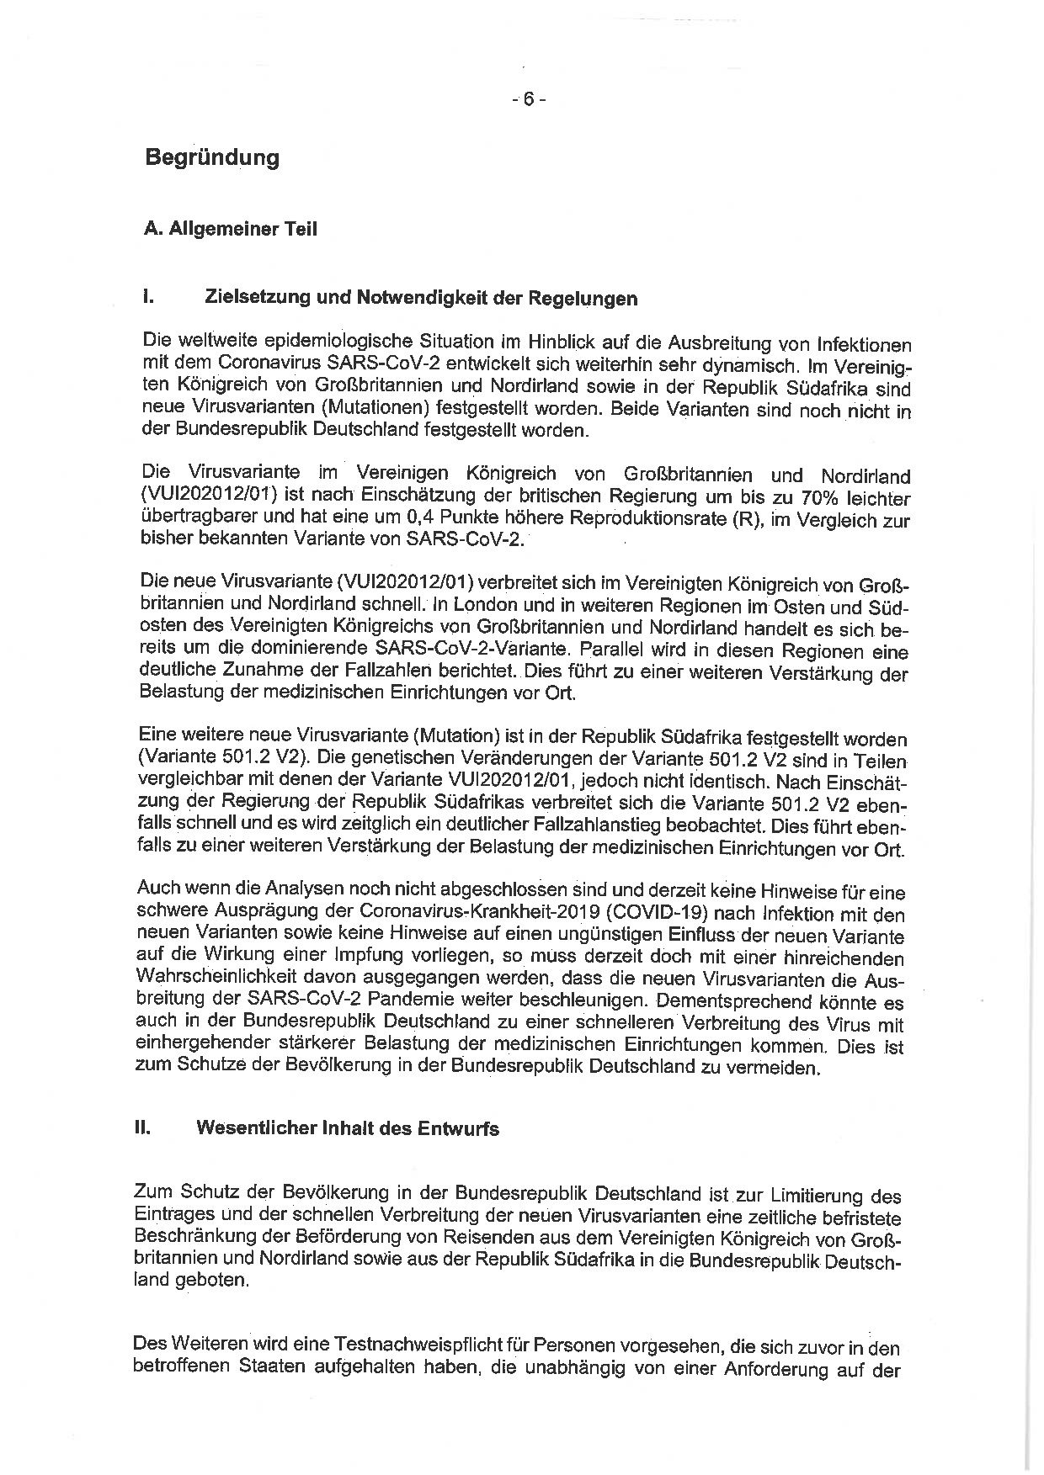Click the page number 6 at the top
point(529,99)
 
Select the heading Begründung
point(211,157)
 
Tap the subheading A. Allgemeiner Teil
point(231,228)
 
